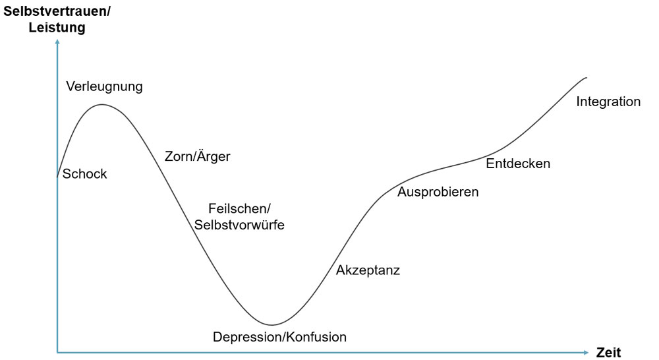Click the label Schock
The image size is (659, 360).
tap(84, 174)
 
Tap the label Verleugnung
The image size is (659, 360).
tap(105, 86)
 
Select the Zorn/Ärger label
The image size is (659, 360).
tap(197, 157)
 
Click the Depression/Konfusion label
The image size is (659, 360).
tap(279, 337)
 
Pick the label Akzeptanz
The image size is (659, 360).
tap(368, 270)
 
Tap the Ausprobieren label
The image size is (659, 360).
tap(438, 193)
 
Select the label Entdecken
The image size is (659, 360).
tap(518, 164)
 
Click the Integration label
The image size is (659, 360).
tap(608, 102)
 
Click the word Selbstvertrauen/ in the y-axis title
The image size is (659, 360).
tap(57, 11)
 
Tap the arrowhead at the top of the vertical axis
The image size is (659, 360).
tap(58, 43)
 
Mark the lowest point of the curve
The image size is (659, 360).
tap(271, 325)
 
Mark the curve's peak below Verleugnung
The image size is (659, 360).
tap(101, 105)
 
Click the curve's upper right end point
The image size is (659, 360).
tap(587, 77)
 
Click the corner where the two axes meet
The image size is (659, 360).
tap(58, 353)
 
